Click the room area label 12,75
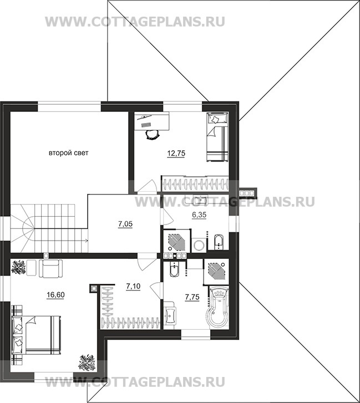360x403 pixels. click(x=176, y=154)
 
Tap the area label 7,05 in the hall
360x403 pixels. click(x=125, y=224)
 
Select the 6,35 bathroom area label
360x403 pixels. click(x=199, y=215)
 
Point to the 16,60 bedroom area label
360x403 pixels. click(x=55, y=295)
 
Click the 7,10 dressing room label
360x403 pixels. click(x=133, y=286)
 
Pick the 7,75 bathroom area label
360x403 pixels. click(x=192, y=297)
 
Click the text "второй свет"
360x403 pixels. click(x=69, y=153)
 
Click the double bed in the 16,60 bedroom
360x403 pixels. click(x=36, y=334)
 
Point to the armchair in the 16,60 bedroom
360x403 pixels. click(x=50, y=269)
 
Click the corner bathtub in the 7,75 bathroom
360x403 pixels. click(x=219, y=307)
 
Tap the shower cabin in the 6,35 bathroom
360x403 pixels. click(x=177, y=241)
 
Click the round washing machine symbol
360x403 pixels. click(x=199, y=245)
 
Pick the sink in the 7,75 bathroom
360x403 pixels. click(x=170, y=314)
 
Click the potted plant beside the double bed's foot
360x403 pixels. click(x=87, y=362)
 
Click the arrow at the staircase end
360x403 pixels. click(x=86, y=241)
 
